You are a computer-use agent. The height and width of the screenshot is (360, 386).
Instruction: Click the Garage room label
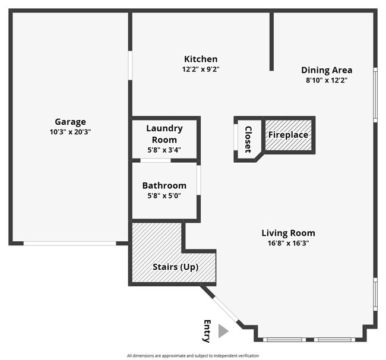70,122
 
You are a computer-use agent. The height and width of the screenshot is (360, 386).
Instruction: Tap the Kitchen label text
201,59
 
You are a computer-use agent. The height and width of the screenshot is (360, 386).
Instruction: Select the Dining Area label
326,70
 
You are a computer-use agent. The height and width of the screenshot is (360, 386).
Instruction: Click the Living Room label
288,233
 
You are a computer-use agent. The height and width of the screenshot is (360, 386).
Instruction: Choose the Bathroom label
164,185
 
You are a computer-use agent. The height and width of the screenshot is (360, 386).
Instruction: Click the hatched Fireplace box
288,135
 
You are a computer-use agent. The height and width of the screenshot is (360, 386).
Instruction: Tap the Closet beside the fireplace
248,139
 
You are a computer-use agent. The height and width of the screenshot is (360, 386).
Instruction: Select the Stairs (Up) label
175,267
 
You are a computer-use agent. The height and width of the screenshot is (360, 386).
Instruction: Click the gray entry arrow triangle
223,331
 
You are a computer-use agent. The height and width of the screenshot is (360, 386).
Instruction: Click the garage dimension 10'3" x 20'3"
70,132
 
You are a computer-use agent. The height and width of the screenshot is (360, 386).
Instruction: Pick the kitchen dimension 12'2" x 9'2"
201,69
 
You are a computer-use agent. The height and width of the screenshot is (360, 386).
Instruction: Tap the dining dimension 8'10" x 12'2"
326,80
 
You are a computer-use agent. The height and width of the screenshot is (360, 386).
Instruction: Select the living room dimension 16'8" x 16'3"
288,243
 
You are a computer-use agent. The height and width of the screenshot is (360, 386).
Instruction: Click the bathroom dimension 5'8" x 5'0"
164,195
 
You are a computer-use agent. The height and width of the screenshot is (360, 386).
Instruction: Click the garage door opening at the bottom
70,243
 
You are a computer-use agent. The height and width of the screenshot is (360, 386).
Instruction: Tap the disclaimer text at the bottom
193,355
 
